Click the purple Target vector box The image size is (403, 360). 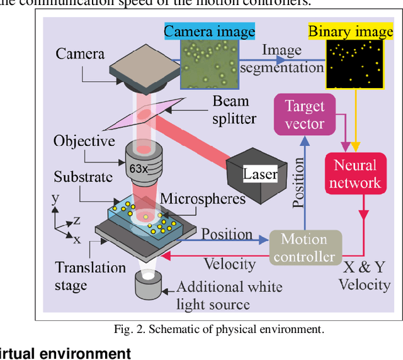pos(304,115)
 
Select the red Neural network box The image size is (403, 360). pos(356,174)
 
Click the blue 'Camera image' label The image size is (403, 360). pos(209,31)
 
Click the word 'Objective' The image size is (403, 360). pos(84,140)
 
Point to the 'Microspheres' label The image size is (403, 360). pos(203,199)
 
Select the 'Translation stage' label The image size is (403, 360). pos(90,276)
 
